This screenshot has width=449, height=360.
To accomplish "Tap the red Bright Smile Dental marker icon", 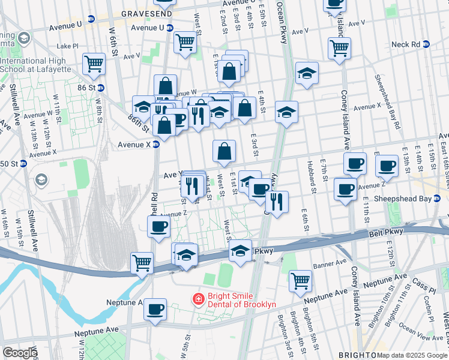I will (x=197, y=298).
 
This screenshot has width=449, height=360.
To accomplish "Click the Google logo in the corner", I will (x=20, y=353).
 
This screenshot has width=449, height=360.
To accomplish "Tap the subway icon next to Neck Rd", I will (x=427, y=44).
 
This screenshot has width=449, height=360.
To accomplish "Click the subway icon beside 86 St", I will (x=101, y=87).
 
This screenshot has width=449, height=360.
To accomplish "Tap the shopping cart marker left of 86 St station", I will (x=94, y=64).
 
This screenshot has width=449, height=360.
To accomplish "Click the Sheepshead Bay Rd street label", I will (x=387, y=102).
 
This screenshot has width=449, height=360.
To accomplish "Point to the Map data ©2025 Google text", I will (x=412, y=355).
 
